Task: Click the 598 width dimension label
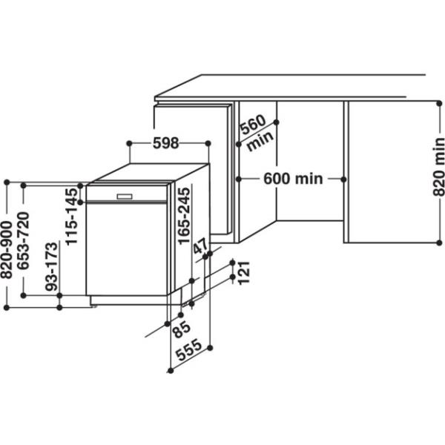pos(165,144)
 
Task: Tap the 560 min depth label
pos(257,133)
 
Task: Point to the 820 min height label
pos(438,168)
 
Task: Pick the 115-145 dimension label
pos(71,217)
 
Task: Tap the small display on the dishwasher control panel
pos(123,196)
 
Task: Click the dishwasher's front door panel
pos(126,248)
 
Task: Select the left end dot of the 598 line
pos(129,142)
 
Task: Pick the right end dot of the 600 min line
pos(343,179)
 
